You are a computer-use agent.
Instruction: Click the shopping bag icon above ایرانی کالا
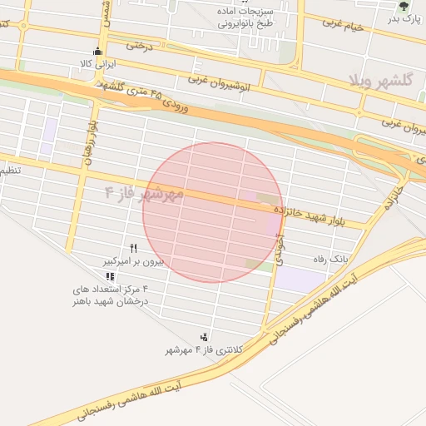(98, 51)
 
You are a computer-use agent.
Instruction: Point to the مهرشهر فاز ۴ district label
(144, 193)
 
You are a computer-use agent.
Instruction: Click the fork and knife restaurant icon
(133, 248)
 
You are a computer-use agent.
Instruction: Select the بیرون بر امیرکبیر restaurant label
(134, 261)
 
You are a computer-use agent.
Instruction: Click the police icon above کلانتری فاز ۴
(204, 337)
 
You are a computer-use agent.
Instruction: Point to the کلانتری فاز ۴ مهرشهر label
(203, 350)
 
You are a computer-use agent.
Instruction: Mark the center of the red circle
(213, 212)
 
